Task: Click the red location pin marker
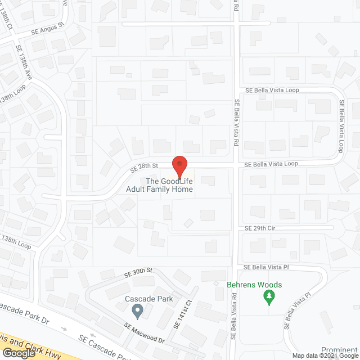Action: tap(179, 166)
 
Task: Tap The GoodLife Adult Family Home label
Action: tap(169, 185)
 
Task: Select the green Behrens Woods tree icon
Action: tap(269, 296)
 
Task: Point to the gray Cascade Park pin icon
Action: tap(137, 310)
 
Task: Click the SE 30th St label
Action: tap(138, 272)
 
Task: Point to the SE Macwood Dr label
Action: tap(146, 336)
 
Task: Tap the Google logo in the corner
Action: tap(18, 353)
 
